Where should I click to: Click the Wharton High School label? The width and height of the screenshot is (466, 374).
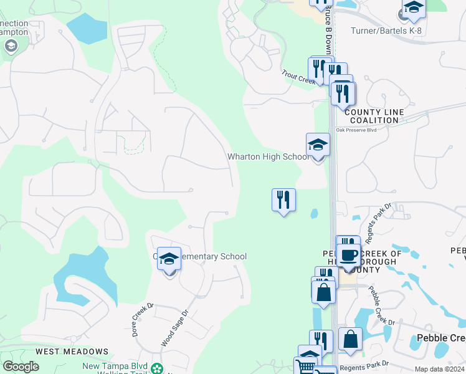268,157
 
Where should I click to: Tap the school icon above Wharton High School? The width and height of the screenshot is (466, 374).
318,145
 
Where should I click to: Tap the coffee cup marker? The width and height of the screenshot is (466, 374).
348,255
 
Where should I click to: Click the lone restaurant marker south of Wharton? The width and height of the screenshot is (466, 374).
283,200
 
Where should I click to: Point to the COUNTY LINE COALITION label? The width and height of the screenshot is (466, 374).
374,117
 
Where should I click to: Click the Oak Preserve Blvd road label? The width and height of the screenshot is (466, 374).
357,130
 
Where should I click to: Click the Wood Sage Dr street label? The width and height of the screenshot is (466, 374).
175,328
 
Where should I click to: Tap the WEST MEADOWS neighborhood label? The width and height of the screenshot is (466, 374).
72,352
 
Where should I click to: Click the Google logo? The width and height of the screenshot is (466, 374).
21,367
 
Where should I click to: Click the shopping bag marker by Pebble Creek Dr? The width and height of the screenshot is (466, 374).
351,340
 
